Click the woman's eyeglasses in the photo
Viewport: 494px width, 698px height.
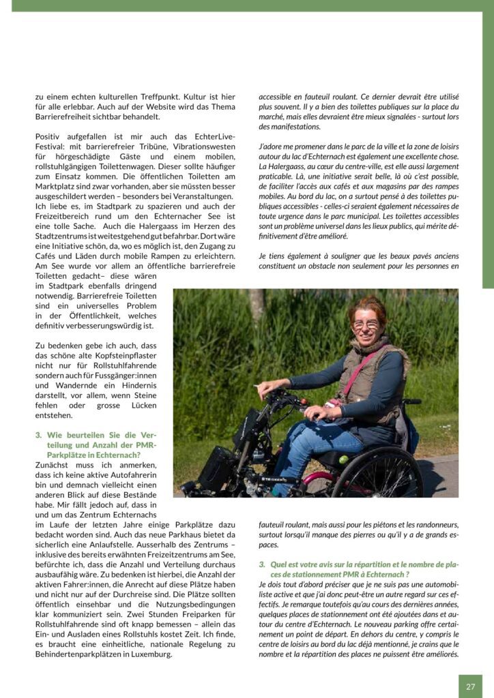coord(366,324)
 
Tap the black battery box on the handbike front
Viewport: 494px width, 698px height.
coord(217,468)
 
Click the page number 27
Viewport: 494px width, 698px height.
coord(470,686)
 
